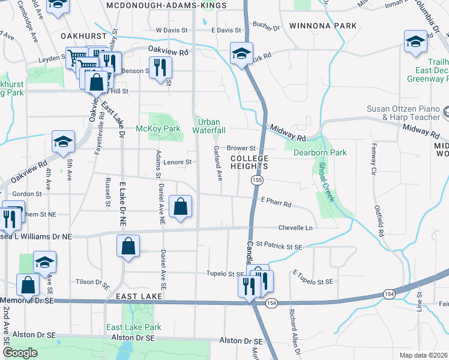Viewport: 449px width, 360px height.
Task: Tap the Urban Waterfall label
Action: [209, 125]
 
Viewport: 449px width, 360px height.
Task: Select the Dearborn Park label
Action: [320, 152]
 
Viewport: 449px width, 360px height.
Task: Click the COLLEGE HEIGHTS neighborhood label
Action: [248, 162]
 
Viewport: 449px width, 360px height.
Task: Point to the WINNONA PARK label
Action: [323, 26]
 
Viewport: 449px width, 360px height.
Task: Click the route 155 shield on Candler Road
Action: [257, 180]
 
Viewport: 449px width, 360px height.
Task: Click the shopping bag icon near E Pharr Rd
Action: [181, 207]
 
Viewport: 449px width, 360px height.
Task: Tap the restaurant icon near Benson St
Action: [159, 67]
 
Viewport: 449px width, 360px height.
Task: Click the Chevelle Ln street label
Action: [295, 228]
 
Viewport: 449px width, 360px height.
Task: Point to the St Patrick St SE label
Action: [279, 245]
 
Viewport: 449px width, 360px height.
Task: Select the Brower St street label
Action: [241, 148]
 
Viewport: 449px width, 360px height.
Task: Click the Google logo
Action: [20, 353]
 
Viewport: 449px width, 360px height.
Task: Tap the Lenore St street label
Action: [178, 162]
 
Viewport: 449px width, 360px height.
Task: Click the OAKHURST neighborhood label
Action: [83, 36]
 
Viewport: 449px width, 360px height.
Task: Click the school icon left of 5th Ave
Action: [63, 142]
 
